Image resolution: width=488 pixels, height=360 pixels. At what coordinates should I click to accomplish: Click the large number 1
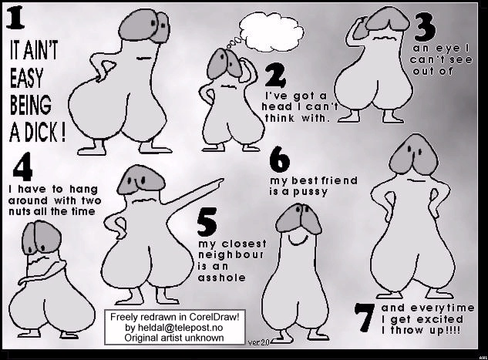(x=15, y=19)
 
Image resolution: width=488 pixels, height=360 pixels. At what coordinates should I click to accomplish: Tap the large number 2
(x=275, y=76)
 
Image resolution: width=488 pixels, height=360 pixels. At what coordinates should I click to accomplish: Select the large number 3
(x=425, y=29)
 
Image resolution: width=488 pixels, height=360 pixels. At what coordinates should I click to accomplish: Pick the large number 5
(x=207, y=221)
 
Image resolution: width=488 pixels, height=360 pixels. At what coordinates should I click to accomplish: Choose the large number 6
(x=280, y=160)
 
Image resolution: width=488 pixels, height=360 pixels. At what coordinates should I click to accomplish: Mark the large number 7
(x=365, y=317)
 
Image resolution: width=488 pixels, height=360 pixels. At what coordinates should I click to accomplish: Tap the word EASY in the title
(x=26, y=78)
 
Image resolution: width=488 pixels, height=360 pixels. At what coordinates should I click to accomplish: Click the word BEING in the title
(x=30, y=104)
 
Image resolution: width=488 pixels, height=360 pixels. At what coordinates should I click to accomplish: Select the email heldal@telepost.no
(x=174, y=328)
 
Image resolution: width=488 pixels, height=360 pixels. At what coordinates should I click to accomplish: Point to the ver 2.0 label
(x=258, y=342)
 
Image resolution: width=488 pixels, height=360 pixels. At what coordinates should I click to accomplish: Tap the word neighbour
(x=231, y=255)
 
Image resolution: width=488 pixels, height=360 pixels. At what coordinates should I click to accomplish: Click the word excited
(x=439, y=320)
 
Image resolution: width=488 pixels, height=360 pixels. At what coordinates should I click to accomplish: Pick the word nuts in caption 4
(x=19, y=212)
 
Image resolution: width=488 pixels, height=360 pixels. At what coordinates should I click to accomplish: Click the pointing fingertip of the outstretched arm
(x=222, y=180)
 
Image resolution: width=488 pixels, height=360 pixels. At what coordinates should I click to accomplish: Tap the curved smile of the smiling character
(x=298, y=240)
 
